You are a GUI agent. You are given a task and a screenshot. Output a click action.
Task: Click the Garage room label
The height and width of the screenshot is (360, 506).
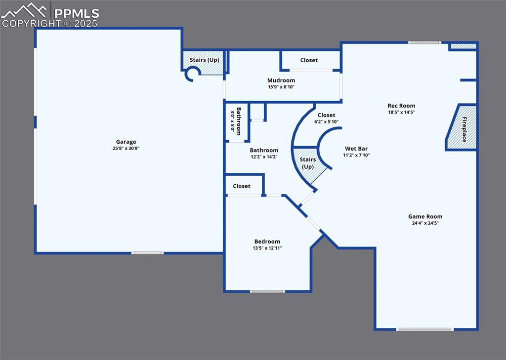click(126, 142)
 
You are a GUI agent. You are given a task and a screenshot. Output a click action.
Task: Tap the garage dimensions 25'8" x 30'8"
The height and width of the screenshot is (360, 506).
click(126, 148)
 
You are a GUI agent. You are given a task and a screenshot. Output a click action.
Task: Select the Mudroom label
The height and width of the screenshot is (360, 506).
click(281, 80)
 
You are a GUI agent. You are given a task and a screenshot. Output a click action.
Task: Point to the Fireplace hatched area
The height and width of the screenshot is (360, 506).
click(461, 127)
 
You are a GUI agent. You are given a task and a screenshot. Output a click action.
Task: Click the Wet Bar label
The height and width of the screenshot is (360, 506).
click(356, 149)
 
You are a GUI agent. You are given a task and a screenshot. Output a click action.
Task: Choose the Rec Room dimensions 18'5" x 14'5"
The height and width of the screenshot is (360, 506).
click(401, 112)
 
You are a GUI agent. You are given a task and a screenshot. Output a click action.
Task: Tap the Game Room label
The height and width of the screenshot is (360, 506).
click(425, 216)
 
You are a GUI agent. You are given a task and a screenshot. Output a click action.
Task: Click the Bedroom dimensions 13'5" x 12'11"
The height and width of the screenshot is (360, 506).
click(267, 248)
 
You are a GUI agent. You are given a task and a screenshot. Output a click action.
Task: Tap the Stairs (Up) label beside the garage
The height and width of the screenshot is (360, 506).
click(204, 60)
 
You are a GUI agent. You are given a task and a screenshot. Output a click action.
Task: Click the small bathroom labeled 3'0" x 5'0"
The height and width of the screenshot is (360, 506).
click(237, 122)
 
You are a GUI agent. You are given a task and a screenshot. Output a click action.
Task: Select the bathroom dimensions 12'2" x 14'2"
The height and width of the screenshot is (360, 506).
click(264, 157)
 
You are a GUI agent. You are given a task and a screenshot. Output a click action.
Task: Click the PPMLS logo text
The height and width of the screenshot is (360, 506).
click(77, 13)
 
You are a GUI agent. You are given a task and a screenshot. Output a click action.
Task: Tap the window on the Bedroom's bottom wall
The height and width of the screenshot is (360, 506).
click(267, 291)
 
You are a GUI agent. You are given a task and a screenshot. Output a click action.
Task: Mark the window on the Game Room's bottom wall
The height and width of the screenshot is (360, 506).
click(424, 329)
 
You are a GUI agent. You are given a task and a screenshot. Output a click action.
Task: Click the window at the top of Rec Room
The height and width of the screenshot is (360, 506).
click(424, 42)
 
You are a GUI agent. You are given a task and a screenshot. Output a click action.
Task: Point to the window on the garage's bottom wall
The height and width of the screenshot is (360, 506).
click(147, 253)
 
